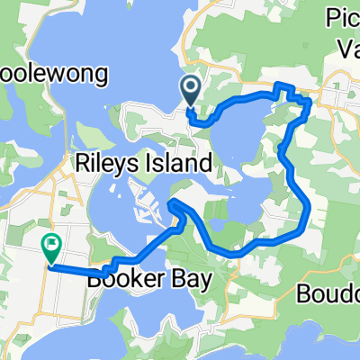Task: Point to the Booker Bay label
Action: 149,280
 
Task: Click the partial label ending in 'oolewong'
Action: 54,73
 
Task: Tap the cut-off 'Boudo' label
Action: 328,293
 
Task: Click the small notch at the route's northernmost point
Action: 283,85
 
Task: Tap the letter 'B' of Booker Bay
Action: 95,280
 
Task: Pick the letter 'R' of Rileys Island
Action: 81,163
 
